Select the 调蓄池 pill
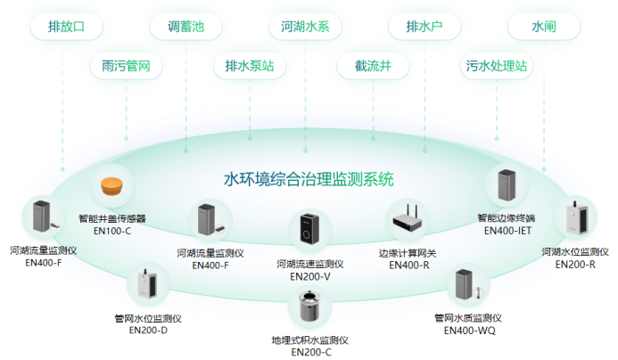[x=186, y=27]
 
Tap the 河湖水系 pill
[x=305, y=27]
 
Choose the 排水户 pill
[x=424, y=27]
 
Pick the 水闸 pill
[x=543, y=27]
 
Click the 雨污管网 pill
[x=126, y=66]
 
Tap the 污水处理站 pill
[x=497, y=66]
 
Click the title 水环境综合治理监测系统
[x=309, y=179]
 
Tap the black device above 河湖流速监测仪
[x=309, y=230]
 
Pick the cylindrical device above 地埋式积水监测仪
[x=309, y=307]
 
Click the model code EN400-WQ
[x=469, y=331]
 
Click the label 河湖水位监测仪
[x=575, y=252]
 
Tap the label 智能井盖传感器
[x=111, y=218]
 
